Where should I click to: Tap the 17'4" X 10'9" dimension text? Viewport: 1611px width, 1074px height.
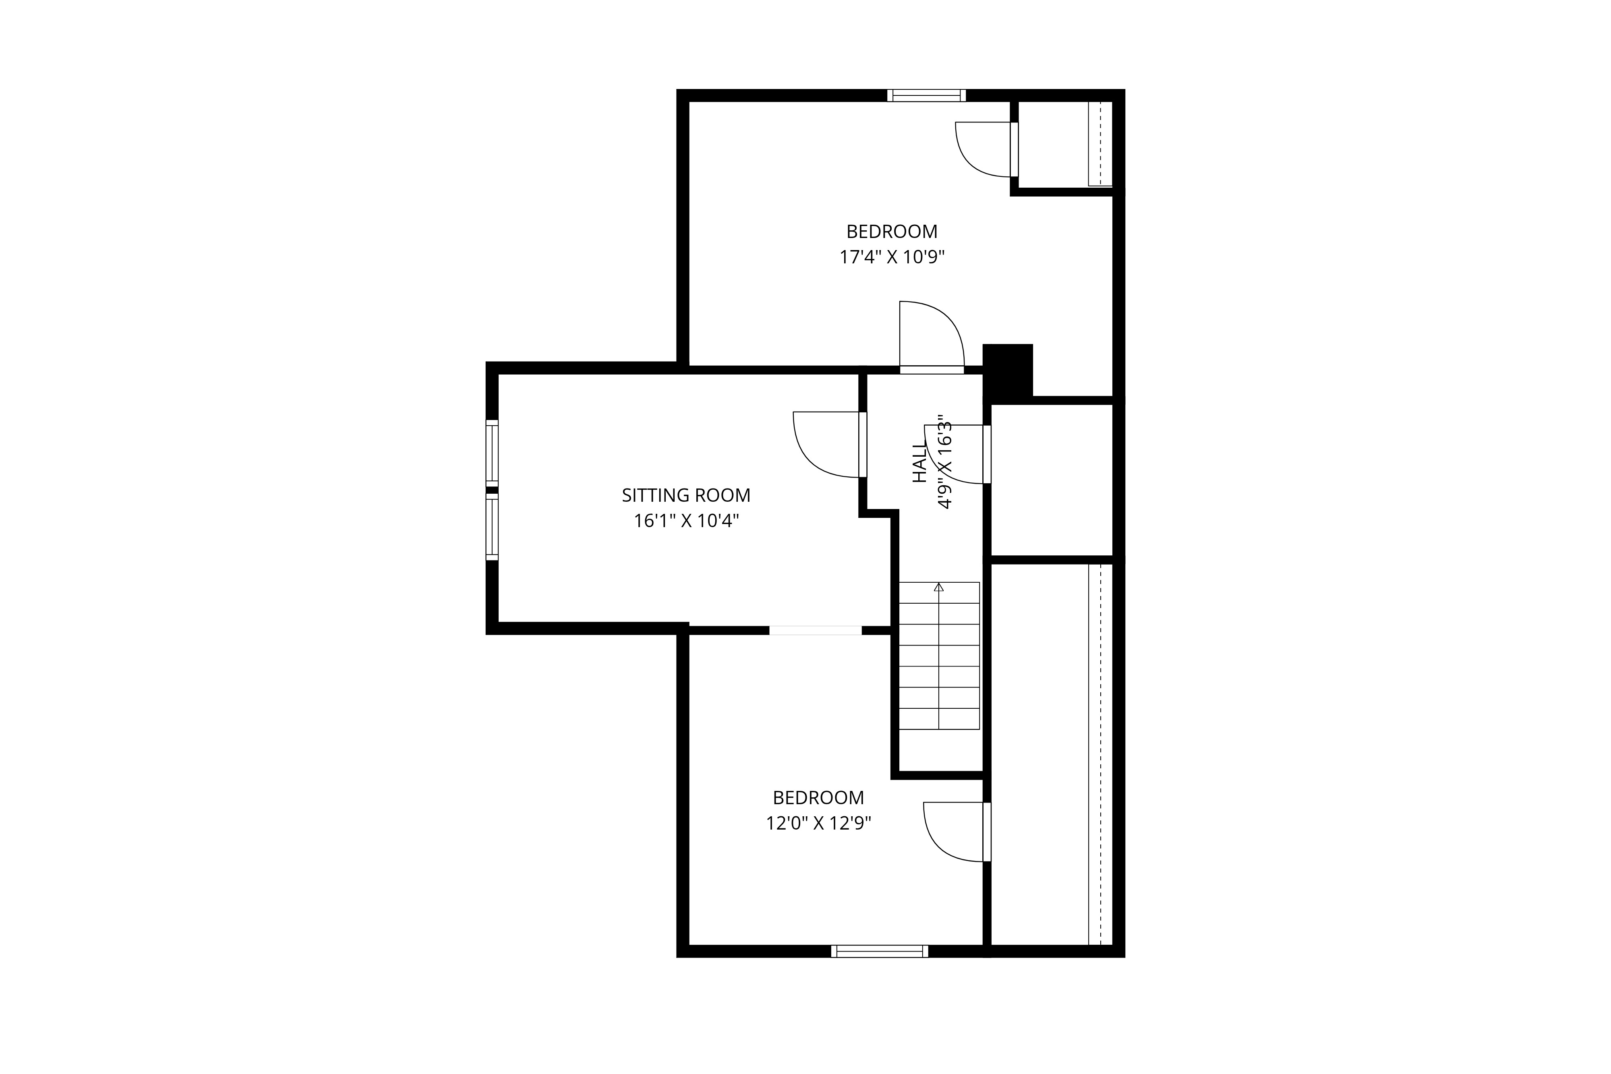(892, 258)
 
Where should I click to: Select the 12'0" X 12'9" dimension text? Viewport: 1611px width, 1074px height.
(818, 823)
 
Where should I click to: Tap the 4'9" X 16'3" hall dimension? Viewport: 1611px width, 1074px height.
(944, 461)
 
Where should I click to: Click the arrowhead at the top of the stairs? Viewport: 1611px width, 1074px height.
(938, 587)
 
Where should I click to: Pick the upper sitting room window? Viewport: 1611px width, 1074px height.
(492, 453)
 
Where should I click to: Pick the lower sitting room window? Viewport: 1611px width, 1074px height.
(492, 527)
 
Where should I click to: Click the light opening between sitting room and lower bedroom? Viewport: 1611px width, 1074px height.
(815, 630)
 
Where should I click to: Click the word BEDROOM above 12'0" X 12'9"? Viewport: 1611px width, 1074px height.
(818, 798)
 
